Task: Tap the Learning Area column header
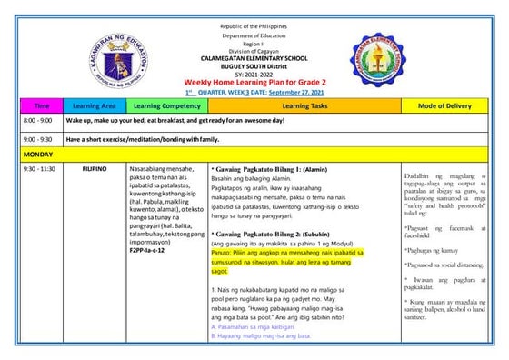(95, 106)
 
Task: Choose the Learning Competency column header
(166, 106)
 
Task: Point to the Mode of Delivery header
(445, 106)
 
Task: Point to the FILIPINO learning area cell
(95, 169)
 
